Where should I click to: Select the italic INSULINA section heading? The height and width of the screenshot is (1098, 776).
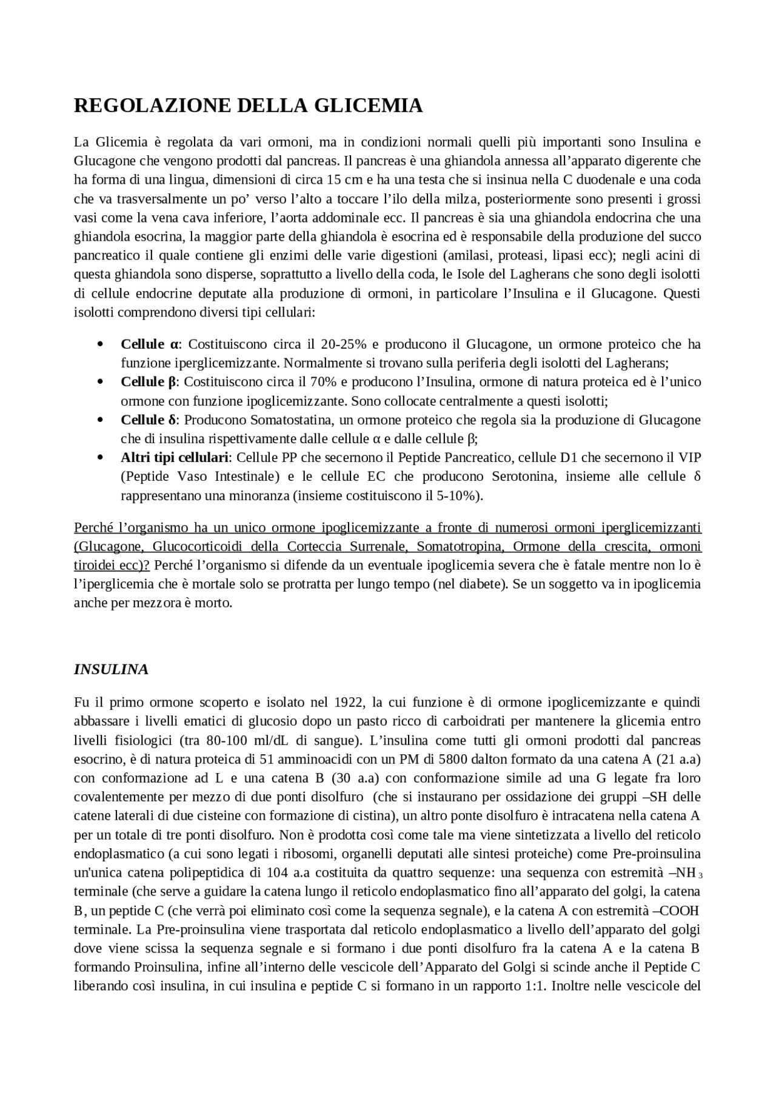[x=111, y=669]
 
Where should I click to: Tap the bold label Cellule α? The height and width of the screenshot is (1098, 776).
[x=150, y=344]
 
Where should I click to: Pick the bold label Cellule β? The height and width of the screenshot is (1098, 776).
[x=148, y=382]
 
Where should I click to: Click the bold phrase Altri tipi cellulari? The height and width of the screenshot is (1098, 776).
[x=176, y=457]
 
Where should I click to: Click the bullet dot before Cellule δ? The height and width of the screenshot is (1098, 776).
[x=100, y=420]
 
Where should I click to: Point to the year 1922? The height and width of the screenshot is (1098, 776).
[x=348, y=702]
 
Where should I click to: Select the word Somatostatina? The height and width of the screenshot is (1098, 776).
[x=289, y=420]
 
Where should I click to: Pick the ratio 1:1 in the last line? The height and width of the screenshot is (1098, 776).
[x=535, y=985]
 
